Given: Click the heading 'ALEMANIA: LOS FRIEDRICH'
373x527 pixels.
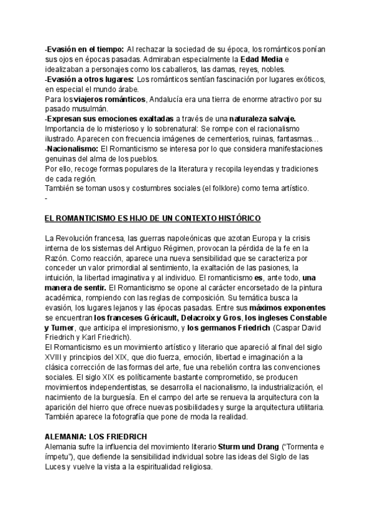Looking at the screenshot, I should click(x=92, y=437).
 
